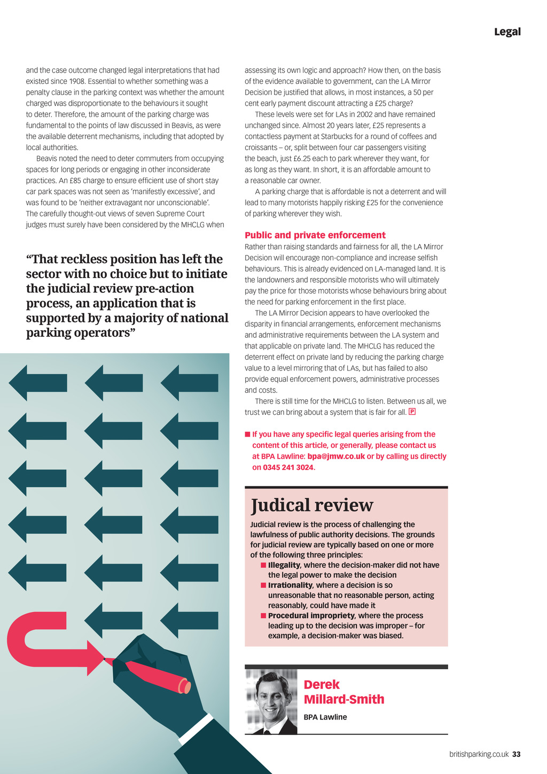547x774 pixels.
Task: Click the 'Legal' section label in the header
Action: coord(507,32)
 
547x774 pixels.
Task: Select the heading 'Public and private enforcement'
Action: coord(315,235)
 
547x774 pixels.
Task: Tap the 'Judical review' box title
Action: coord(312,505)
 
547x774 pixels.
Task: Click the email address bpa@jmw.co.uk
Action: coord(336,456)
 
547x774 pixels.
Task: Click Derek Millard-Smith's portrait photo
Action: coord(271,701)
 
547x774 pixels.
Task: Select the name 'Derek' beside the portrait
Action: coord(321,685)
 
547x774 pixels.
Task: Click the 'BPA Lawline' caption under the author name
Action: coord(325,717)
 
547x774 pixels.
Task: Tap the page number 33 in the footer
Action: coord(516,754)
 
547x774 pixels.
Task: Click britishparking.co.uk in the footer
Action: coord(479,754)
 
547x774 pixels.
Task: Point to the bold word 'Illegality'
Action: coord(284,565)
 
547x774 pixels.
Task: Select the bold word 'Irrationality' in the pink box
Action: coord(290,585)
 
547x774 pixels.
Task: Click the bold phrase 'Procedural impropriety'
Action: coord(311,616)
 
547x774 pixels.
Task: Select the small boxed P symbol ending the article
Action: coord(412,412)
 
